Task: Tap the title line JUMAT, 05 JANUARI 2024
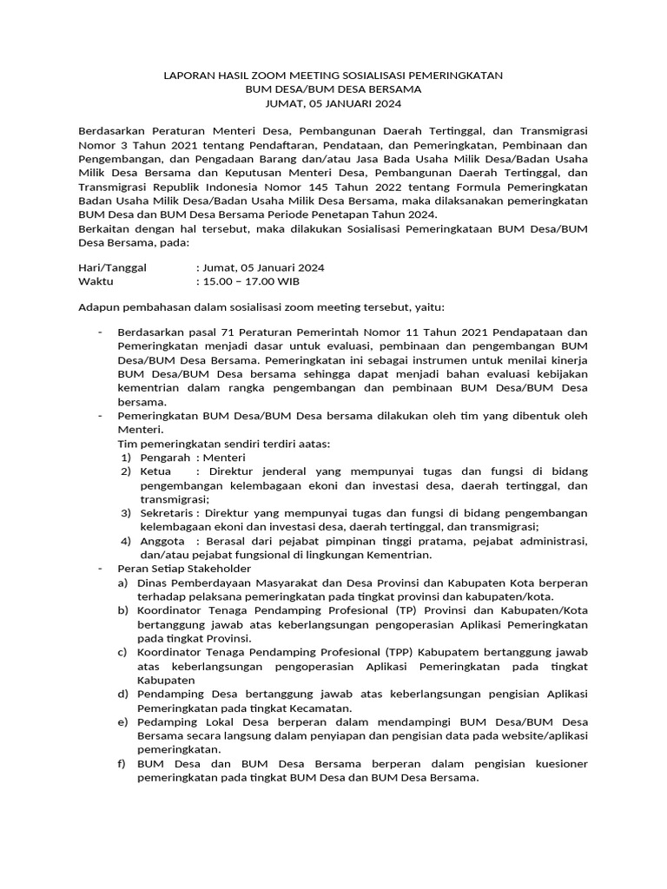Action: (x=333, y=103)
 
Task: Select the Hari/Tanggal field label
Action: (x=113, y=268)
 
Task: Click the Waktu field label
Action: (x=96, y=282)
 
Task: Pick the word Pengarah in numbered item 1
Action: (x=164, y=458)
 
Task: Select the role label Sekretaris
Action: (x=168, y=513)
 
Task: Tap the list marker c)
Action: (x=124, y=652)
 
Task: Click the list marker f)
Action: (x=124, y=763)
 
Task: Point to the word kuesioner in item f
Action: (x=558, y=763)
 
